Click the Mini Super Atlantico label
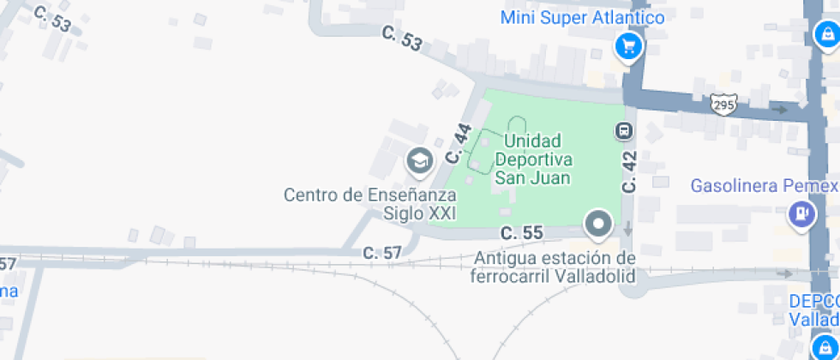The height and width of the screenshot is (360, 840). click(x=582, y=17)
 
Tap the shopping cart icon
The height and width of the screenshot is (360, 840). click(x=629, y=46)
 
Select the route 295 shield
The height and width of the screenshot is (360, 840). click(x=723, y=105)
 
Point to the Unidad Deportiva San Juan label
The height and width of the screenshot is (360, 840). click(x=532, y=159)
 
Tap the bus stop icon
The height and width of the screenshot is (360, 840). click(x=623, y=131)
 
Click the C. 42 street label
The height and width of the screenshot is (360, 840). click(x=630, y=171)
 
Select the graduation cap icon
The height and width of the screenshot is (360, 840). click(x=418, y=159)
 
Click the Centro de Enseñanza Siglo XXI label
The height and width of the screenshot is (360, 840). click(x=370, y=204)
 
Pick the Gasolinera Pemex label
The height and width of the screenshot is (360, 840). click(x=763, y=185)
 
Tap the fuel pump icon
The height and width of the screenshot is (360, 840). click(x=801, y=212)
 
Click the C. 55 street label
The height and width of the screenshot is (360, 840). click(x=522, y=232)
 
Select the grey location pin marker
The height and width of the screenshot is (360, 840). click(x=597, y=225)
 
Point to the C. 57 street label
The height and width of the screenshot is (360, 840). click(x=382, y=253)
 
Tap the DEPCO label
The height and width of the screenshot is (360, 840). click(x=813, y=302)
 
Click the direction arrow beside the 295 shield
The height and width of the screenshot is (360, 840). click(x=780, y=110)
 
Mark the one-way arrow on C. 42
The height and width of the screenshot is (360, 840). click(x=629, y=229)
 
